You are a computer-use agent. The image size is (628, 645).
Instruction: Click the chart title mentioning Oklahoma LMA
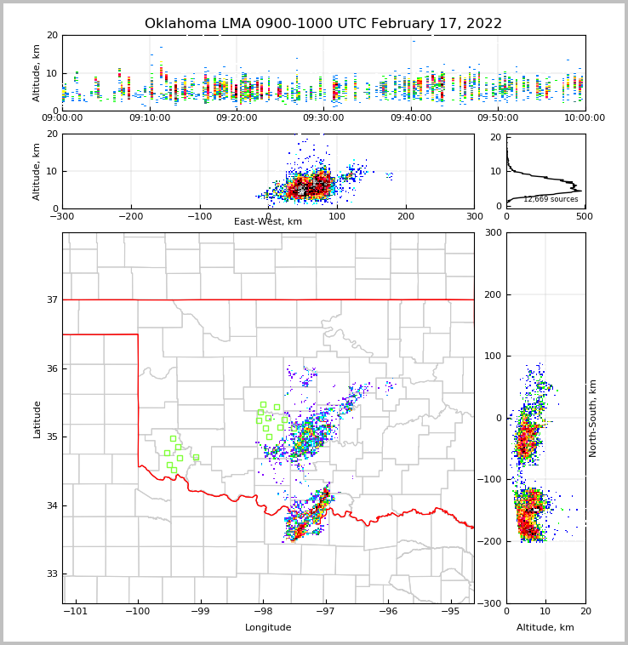click(323, 24)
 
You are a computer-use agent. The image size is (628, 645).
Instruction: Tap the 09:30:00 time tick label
click(323, 118)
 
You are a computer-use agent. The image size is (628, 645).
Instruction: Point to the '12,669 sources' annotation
click(551, 199)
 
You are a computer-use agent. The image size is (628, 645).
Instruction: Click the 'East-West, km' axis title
click(268, 222)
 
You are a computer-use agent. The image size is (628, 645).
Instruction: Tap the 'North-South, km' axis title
click(593, 418)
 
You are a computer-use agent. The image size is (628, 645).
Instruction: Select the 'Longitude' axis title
click(268, 628)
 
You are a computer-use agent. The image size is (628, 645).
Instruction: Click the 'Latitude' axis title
click(37, 419)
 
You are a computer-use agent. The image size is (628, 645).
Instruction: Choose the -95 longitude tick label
click(450, 612)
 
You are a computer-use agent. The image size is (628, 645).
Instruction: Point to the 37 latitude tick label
click(51, 300)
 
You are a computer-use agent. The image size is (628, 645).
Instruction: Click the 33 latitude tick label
click(51, 574)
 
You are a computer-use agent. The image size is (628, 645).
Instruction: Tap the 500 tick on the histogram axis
click(585, 217)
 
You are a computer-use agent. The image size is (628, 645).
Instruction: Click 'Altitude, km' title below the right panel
click(545, 628)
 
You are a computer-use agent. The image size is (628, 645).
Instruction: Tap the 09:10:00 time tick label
click(149, 118)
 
